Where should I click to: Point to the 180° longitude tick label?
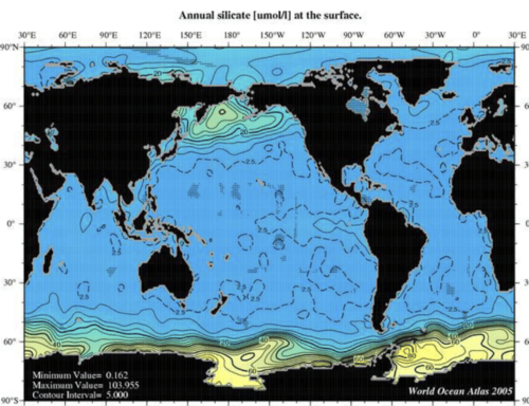pos(231,35)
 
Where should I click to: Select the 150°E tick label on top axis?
pos(191,35)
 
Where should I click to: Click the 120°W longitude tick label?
pos(313,35)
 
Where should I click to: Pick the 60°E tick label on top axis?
pos(68,35)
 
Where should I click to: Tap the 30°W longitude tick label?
pos(435,35)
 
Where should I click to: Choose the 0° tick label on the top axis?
pos(476,35)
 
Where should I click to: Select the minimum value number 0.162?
pos(117,375)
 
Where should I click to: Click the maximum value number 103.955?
pos(123,385)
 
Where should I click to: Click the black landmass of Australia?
pos(167,272)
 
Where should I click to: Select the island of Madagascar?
pos(48,261)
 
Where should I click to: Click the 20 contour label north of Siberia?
pos(157,73)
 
